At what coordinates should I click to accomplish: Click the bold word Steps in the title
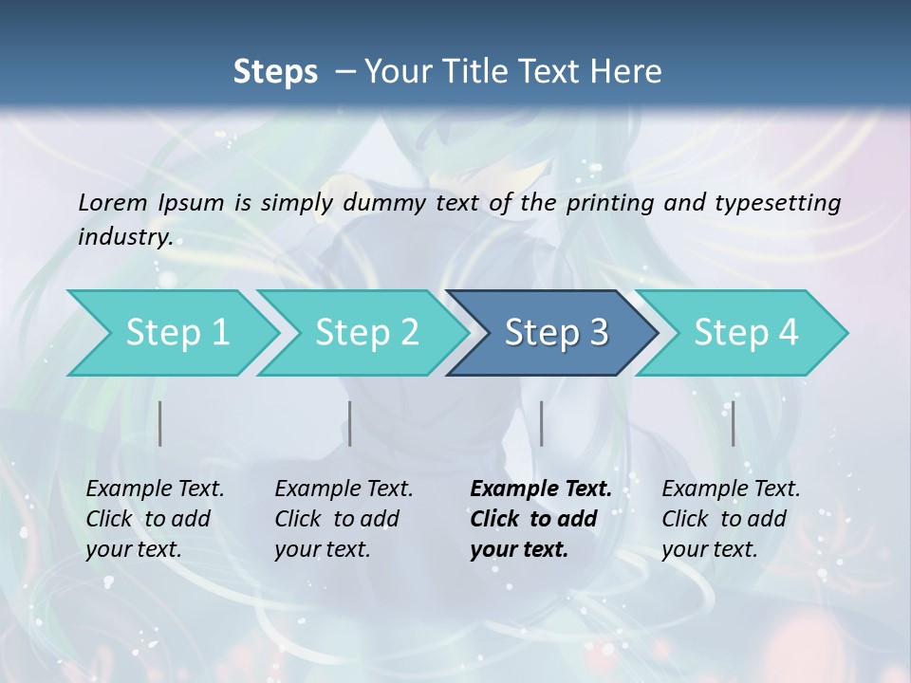(275, 71)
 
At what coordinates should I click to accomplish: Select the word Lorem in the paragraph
(113, 202)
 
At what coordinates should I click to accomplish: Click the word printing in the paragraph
(604, 202)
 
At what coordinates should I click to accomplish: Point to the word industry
(124, 237)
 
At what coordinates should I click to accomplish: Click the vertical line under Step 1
(160, 423)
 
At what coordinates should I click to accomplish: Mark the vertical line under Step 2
(350, 423)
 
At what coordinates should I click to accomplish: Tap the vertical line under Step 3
(541, 423)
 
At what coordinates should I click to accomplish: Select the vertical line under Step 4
(733, 423)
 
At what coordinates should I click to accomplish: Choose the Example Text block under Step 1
(155, 519)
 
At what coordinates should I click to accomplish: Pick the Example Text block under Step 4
(731, 519)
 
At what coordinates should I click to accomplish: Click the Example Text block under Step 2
(344, 519)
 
